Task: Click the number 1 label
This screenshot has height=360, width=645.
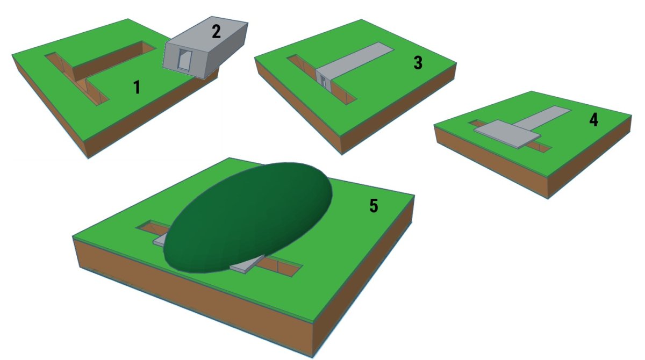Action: (137, 87)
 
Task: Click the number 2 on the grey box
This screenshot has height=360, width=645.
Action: (216, 32)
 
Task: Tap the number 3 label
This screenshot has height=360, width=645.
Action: (418, 63)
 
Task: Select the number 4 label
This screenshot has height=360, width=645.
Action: (593, 120)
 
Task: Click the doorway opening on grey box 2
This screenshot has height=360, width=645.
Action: (184, 59)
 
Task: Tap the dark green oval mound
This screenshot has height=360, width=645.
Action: (248, 218)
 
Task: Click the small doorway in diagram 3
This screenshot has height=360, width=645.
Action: (324, 82)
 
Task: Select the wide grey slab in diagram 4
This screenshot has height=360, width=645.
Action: (507, 134)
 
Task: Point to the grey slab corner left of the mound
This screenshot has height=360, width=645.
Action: (159, 241)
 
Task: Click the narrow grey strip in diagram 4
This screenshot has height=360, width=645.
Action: (541, 117)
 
